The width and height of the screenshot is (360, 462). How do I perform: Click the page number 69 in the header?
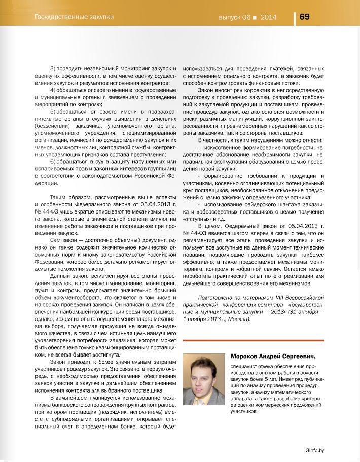(x=305, y=16)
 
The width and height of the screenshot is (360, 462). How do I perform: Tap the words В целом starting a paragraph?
(x=209, y=224)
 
